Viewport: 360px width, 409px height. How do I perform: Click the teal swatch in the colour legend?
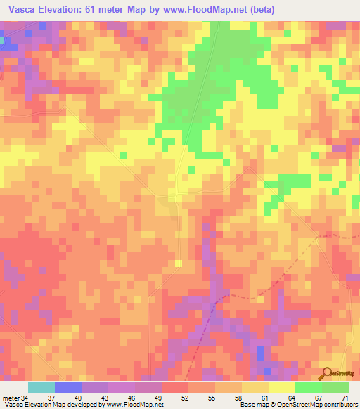[x=41, y=387]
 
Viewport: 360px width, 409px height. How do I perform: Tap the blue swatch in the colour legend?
[x=68, y=387]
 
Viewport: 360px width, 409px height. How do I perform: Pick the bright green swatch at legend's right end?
[x=335, y=387]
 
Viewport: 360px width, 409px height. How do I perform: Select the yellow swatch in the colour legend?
[x=282, y=387]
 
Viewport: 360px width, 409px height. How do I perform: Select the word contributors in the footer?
[x=336, y=405]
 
